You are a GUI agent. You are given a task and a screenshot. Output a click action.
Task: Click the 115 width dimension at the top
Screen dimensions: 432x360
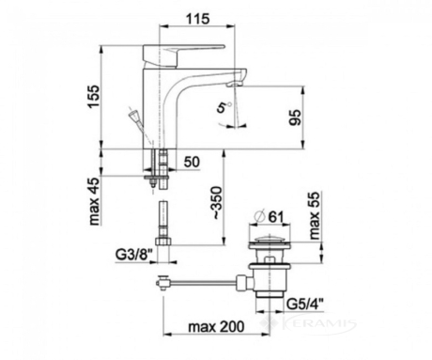click(x=198, y=19)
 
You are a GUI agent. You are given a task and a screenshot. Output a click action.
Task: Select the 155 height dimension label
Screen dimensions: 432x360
click(x=93, y=97)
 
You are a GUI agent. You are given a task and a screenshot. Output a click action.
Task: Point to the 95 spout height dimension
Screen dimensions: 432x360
click(x=295, y=117)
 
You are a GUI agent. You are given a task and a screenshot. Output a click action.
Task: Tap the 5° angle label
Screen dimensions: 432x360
click(x=224, y=106)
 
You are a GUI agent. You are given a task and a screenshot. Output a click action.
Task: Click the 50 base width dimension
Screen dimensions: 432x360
click(x=192, y=162)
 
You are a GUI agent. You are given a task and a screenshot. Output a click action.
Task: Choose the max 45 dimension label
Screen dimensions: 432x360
click(x=95, y=201)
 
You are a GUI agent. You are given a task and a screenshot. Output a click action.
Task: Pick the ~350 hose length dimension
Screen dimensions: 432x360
click(x=216, y=203)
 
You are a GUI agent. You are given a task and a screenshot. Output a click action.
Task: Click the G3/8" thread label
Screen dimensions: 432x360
click(x=134, y=255)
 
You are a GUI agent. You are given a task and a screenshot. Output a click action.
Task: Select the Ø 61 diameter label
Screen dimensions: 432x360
click(x=269, y=216)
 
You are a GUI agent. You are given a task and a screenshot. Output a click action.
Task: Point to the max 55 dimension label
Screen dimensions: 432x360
click(x=314, y=215)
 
